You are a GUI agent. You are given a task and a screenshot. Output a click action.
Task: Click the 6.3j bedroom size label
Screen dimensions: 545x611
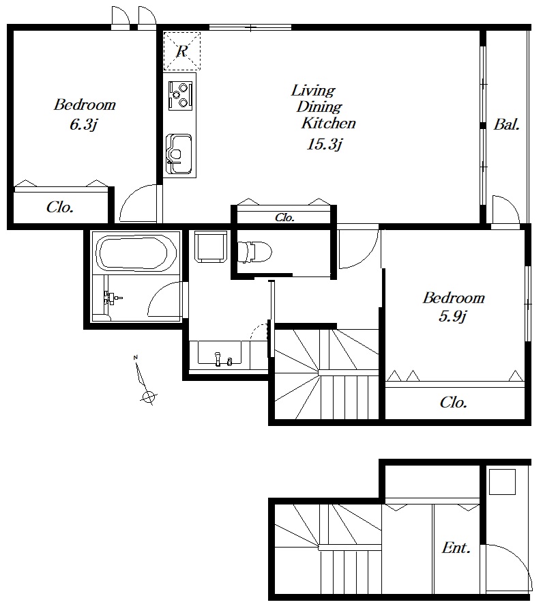point(83,124)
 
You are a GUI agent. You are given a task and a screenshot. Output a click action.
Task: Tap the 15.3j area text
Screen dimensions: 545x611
point(324,144)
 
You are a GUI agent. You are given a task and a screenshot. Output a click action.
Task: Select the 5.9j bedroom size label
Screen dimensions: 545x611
point(452,316)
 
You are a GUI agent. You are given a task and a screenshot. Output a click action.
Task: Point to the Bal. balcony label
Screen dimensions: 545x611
point(507,125)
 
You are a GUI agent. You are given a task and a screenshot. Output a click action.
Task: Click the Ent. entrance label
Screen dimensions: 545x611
point(456,548)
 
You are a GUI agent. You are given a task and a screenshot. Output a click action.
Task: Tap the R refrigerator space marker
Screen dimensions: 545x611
point(182,51)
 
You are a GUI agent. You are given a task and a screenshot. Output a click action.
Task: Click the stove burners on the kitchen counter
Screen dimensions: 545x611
point(180,95)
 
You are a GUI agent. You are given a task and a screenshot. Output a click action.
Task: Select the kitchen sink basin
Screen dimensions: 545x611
point(179,154)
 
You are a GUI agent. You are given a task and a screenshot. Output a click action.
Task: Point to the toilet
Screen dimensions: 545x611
point(254,252)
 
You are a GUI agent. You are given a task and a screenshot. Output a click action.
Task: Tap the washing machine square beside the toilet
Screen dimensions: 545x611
point(211,246)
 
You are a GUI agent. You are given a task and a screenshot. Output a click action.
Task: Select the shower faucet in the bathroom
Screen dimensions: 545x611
point(111,299)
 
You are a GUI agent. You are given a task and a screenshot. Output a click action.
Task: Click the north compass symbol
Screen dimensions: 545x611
point(145,381)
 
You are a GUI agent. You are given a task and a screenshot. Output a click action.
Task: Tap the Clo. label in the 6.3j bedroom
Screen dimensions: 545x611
point(60,208)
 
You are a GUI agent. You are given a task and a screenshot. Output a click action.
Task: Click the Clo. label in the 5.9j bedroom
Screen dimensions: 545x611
point(454,402)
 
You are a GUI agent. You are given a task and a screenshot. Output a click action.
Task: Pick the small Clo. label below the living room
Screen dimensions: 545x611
point(284,218)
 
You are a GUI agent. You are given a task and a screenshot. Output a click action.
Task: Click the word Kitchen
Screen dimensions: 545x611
point(329,123)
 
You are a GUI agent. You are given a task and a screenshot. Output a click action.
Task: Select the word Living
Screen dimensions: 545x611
point(313,91)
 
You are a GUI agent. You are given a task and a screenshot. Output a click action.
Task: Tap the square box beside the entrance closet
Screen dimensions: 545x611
point(502,481)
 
